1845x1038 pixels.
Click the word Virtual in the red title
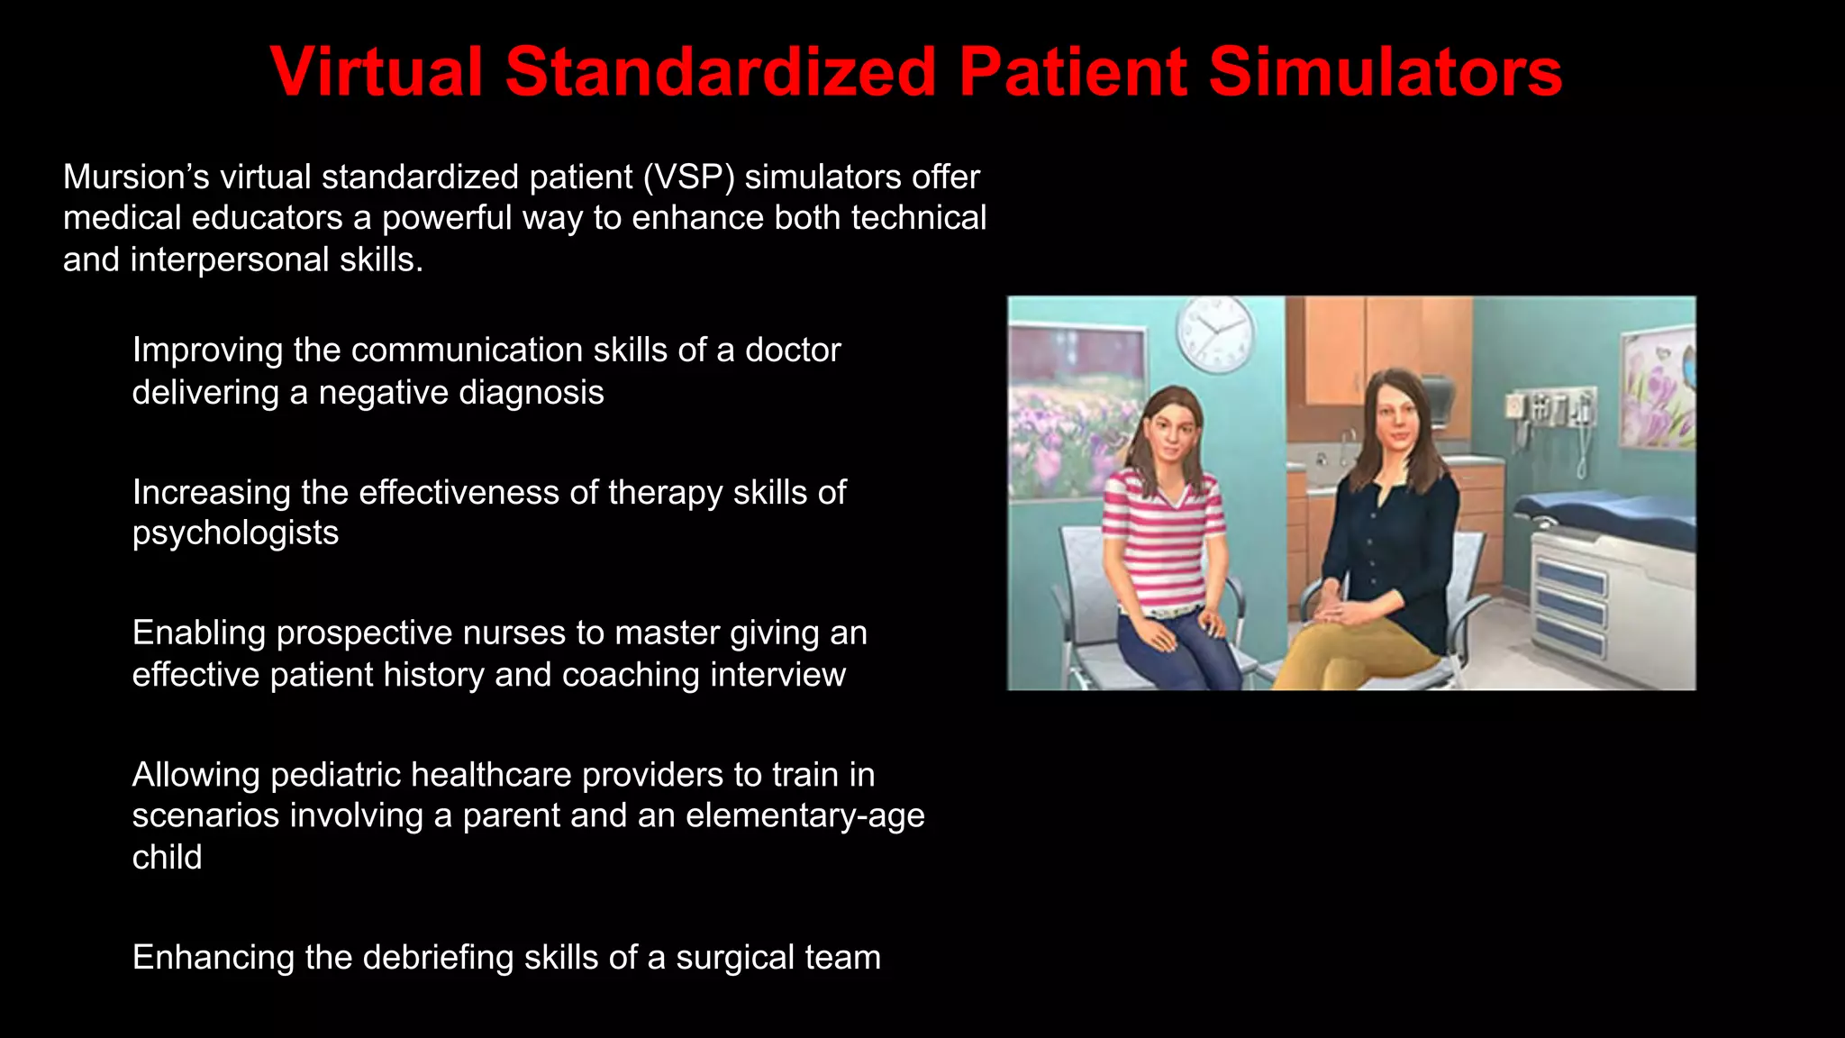pos(377,72)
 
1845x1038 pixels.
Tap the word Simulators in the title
pos(1385,72)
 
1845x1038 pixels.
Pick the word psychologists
pos(235,533)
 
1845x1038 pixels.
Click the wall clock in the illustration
pos(1214,332)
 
